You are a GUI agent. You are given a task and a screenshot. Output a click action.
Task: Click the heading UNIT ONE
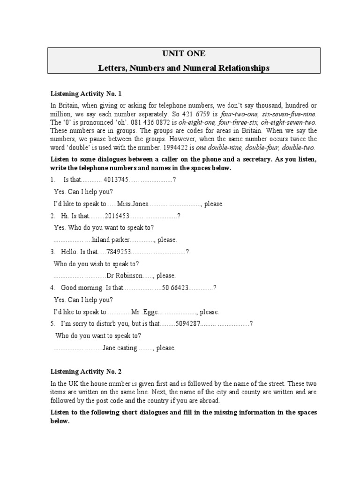[184, 53]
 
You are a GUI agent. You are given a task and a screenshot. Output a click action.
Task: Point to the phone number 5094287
[187, 323]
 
